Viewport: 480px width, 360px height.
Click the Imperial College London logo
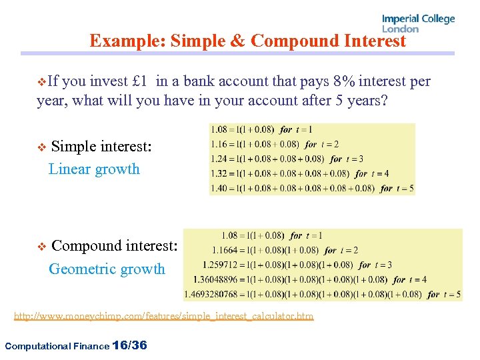pyautogui.click(x=418, y=23)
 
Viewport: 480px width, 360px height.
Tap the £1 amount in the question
pyautogui.click(x=140, y=82)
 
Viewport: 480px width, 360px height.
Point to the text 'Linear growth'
pyautogui.click(x=94, y=169)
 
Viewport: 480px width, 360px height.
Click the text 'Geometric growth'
pyautogui.click(x=107, y=269)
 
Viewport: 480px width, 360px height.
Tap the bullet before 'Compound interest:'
pyautogui.click(x=41, y=247)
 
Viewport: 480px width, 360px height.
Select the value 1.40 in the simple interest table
pyautogui.click(x=219, y=188)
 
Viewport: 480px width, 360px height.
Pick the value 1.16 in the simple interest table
pyautogui.click(x=219, y=144)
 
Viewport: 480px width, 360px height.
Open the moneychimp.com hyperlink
pyautogui.click(x=163, y=316)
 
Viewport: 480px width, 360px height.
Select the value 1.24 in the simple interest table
pyautogui.click(x=219, y=159)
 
